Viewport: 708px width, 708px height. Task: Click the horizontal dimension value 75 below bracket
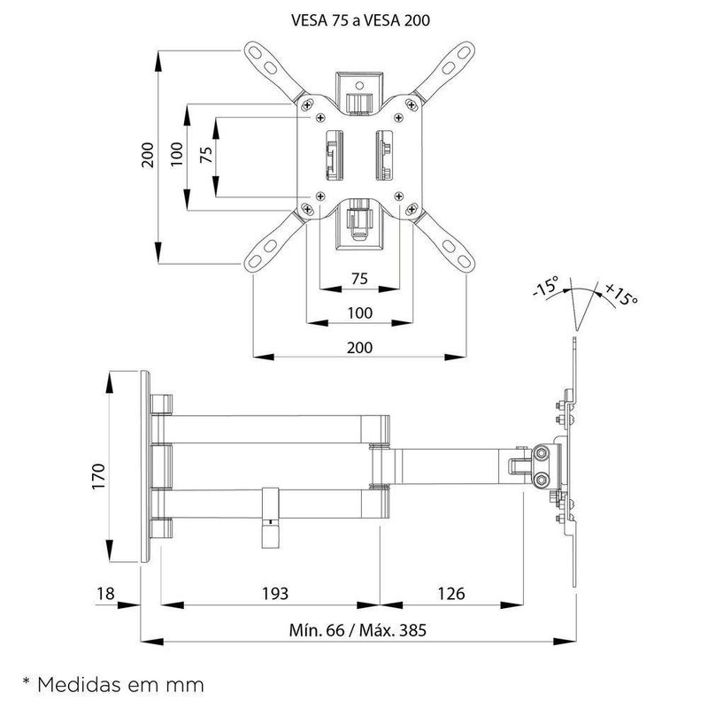358,278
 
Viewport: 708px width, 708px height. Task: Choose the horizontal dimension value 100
358,312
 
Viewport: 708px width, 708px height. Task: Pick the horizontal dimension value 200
358,347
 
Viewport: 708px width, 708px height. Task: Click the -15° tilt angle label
546,288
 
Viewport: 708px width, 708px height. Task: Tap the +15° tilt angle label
622,295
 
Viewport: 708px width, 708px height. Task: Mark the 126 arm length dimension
450,592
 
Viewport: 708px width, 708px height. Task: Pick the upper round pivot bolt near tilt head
541,455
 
